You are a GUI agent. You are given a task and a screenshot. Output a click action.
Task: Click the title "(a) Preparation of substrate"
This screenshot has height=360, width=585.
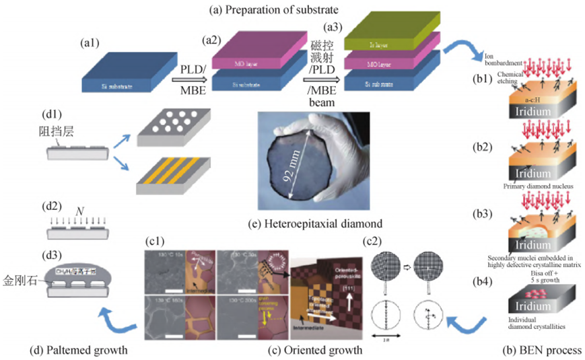click(292, 9)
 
